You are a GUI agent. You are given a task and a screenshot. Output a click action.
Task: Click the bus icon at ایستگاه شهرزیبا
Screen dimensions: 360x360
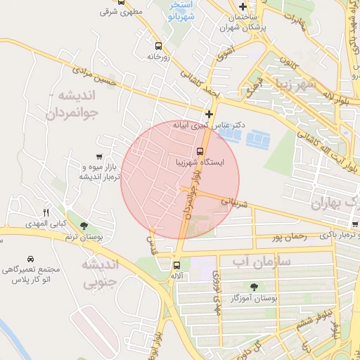point(200,151)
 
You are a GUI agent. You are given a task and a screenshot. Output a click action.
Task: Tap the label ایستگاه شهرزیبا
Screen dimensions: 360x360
point(200,162)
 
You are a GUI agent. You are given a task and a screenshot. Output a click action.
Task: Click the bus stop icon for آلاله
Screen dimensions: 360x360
point(176,265)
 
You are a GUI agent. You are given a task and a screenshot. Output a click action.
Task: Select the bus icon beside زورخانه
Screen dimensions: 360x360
point(158,45)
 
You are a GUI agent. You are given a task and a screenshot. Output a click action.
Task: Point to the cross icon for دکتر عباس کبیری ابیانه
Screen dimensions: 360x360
point(209,114)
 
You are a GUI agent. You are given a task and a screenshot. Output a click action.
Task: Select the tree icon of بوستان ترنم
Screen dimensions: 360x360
point(84,226)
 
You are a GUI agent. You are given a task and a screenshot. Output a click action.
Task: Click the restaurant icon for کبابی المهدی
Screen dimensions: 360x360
point(46,212)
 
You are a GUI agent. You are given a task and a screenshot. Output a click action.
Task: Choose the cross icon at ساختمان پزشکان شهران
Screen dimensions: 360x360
point(243,7)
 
